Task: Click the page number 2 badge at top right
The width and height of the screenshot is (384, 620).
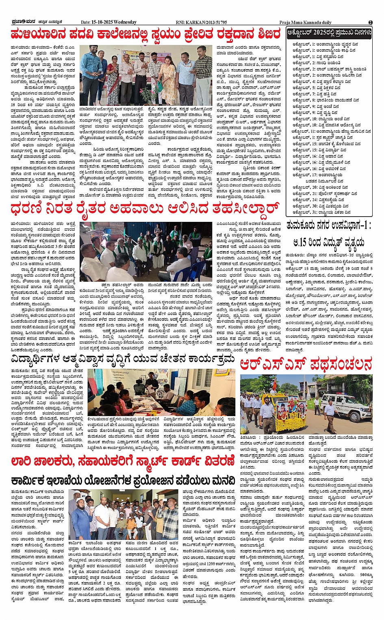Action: (371, 22)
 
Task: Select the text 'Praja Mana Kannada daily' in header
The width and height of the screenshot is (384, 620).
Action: (305, 22)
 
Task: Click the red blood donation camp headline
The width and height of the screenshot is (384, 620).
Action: (145, 34)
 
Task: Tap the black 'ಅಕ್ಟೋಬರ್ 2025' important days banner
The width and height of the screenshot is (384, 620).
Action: (329, 33)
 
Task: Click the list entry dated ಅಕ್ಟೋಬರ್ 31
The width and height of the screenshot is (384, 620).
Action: (321, 212)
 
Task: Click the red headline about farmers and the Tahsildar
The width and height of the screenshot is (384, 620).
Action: (145, 209)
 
